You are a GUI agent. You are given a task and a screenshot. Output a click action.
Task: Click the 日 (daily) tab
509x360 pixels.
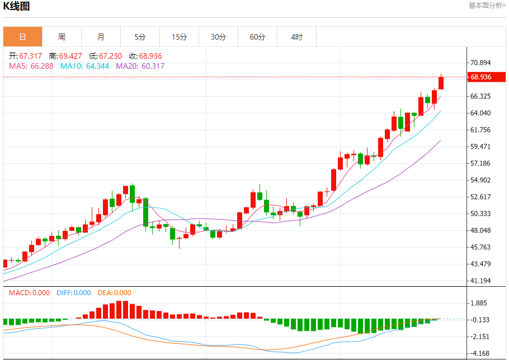click(22, 37)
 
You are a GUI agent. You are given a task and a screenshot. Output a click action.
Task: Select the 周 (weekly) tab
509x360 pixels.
click(62, 37)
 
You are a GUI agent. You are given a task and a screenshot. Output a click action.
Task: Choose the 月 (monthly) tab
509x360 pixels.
click(101, 37)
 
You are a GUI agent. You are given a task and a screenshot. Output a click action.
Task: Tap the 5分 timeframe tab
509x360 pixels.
click(140, 37)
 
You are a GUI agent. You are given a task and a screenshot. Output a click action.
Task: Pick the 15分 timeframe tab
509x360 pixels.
click(179, 37)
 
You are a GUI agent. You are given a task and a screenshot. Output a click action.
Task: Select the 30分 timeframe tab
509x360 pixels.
click(218, 37)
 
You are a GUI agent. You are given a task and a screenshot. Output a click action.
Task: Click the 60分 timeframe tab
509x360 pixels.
click(257, 37)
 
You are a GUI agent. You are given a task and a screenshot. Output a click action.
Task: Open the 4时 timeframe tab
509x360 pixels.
click(296, 37)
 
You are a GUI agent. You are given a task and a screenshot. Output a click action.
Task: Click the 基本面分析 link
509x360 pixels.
click(487, 6)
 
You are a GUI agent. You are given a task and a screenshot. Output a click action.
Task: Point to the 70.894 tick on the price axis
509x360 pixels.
click(481, 63)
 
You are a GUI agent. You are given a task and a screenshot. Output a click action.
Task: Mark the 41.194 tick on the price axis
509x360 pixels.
click(481, 281)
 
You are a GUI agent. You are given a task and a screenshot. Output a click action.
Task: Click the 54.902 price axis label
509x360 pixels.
click(481, 180)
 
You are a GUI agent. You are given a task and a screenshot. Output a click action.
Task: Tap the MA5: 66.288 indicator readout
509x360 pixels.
click(31, 66)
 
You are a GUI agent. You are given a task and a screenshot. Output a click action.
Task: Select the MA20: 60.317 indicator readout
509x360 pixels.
click(140, 66)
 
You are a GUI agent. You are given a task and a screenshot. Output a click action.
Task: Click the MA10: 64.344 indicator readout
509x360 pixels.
click(85, 66)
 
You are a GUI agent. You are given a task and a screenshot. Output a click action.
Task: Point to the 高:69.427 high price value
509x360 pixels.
click(65, 56)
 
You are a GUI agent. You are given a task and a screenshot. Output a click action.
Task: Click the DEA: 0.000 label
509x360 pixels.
click(114, 293)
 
